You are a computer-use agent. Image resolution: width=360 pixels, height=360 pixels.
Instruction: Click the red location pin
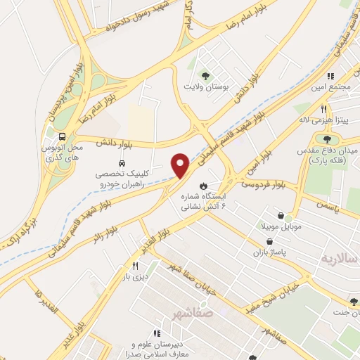(x=181, y=166)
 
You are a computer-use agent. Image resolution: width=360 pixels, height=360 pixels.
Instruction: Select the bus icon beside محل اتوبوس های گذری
(x=64, y=136)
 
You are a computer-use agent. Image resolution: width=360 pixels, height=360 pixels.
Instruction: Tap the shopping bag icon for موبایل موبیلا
(x=281, y=215)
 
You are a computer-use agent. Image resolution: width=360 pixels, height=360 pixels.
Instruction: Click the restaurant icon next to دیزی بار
(x=134, y=266)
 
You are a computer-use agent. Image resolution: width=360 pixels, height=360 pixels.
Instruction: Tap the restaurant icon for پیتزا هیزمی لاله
(x=323, y=109)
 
